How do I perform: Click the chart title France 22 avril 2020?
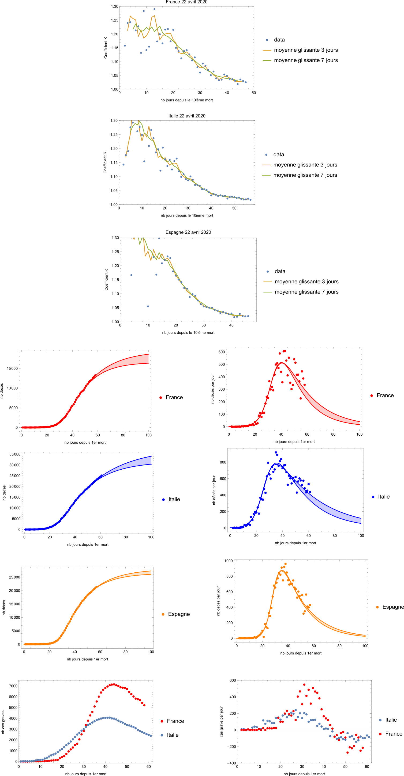coord(187,2)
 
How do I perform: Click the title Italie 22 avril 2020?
coord(187,116)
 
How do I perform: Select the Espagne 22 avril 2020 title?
coord(188,232)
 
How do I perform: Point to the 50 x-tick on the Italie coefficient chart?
coord(234,208)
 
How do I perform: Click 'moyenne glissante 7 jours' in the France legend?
coord(306,60)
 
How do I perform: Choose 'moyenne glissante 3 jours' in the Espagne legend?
coord(306,282)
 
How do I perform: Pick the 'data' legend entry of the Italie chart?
coord(279,155)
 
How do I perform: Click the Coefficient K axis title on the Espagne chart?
coord(106,280)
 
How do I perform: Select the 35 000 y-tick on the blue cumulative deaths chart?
coord(15,454)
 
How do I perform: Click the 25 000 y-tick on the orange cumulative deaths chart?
coord(14,577)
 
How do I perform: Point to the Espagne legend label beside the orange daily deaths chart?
coord(393,607)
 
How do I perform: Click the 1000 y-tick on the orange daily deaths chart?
coord(229,561)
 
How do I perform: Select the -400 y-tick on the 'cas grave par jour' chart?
coord(231,763)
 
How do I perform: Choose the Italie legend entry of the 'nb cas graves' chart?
coord(173,735)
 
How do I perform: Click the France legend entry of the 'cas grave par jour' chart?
coord(394,734)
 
